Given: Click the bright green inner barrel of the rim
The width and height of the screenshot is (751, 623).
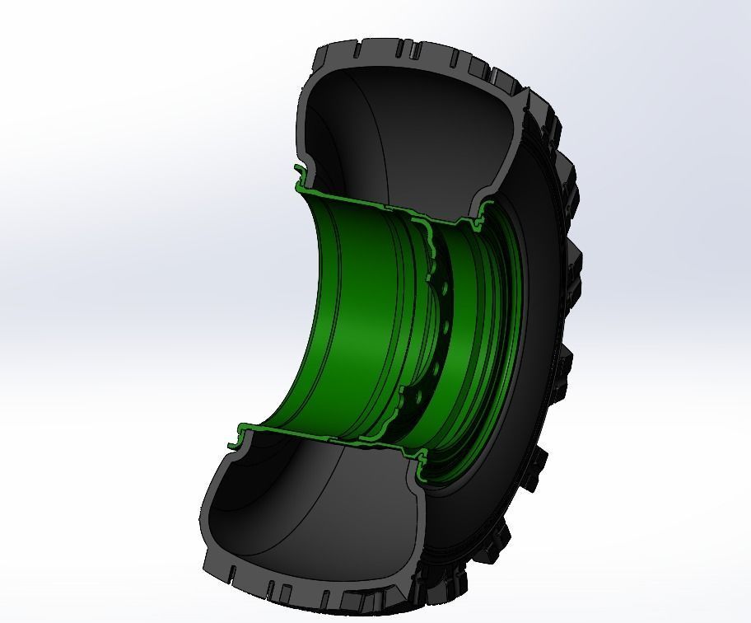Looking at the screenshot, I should [x=346, y=330].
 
